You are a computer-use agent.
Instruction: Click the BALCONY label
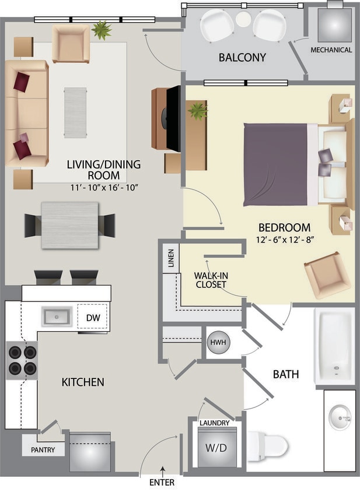point(242,57)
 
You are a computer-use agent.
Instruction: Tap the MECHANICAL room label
point(331,50)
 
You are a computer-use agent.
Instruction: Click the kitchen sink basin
point(56,317)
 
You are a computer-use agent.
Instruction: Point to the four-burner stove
point(22,360)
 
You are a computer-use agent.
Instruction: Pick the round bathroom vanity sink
point(340,417)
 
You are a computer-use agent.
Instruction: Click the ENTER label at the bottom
point(162,482)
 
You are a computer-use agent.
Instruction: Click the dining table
point(70,224)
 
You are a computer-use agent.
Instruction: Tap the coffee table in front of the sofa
point(75,113)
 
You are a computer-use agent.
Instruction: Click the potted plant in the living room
point(102,30)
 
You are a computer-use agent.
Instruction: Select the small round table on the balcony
point(243,19)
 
